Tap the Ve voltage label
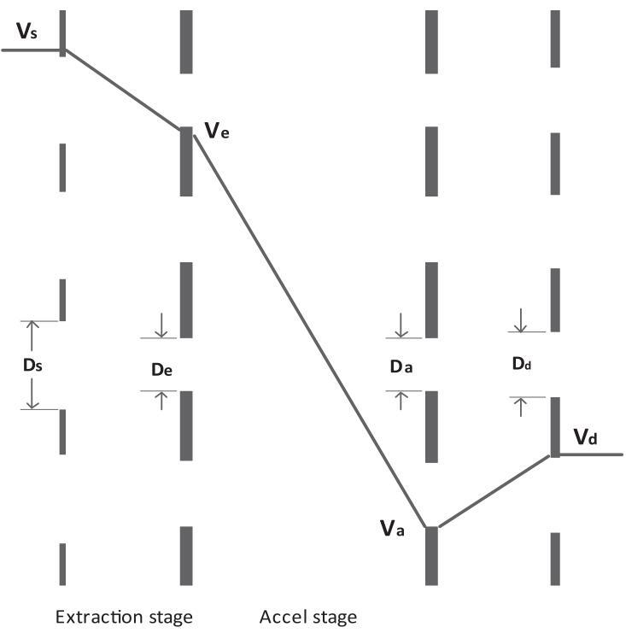point(217,131)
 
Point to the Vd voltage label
point(585,438)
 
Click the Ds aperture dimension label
point(32,365)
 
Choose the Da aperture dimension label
point(401,367)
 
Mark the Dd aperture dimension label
point(522,363)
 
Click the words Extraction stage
point(123,617)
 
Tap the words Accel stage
point(307,617)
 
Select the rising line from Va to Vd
point(495,491)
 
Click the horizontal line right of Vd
point(591,454)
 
